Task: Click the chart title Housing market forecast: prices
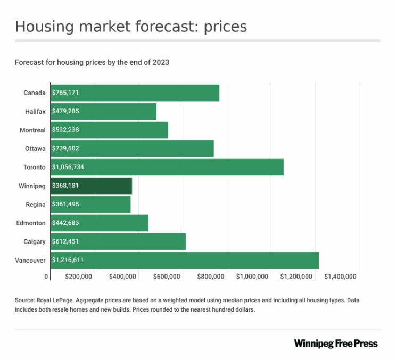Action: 131,27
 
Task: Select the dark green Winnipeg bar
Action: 91,186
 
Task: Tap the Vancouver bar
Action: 184,260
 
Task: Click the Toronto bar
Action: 167,167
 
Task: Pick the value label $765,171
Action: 65,93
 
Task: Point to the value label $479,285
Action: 65,111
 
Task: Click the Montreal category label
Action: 33,130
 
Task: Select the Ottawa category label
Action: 35,148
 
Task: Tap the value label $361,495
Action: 65,204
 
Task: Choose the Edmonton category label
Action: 31,223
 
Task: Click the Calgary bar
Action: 118,241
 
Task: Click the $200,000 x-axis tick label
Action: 79,277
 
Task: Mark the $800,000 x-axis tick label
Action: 210,277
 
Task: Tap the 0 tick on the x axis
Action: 46,277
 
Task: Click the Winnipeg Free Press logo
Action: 335,344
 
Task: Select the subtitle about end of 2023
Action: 92,62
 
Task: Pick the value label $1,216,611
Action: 68,260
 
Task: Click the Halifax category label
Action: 35,111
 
